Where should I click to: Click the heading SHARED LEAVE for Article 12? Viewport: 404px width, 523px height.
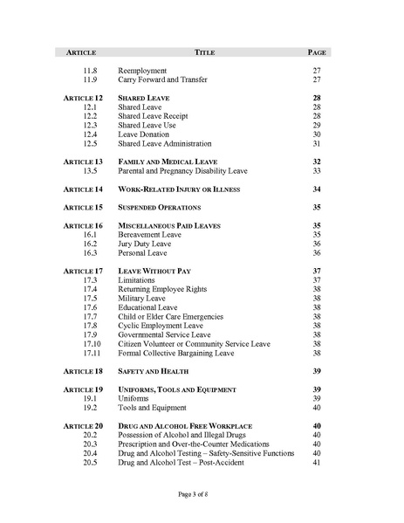point(144,98)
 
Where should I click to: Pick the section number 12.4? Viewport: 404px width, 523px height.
point(90,134)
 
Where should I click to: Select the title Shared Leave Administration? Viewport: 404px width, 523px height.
point(165,143)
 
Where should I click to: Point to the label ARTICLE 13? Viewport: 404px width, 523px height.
point(84,162)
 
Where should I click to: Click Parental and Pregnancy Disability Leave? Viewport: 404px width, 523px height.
point(183,171)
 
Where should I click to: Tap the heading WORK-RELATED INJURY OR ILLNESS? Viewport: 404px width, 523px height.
point(179,189)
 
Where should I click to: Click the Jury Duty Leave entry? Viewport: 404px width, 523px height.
point(145,244)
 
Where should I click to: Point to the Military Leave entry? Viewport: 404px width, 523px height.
point(142,299)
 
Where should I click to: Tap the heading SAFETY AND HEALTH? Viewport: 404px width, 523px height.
point(154,371)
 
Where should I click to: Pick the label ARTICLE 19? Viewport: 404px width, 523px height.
point(84,389)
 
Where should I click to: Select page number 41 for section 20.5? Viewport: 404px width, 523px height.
point(317,462)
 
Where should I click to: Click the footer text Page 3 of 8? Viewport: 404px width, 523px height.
point(202,494)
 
